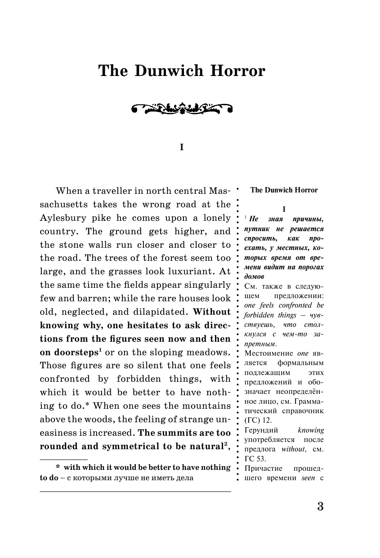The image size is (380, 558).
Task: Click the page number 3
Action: click(320, 506)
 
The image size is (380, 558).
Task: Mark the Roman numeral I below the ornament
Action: click(182, 147)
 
